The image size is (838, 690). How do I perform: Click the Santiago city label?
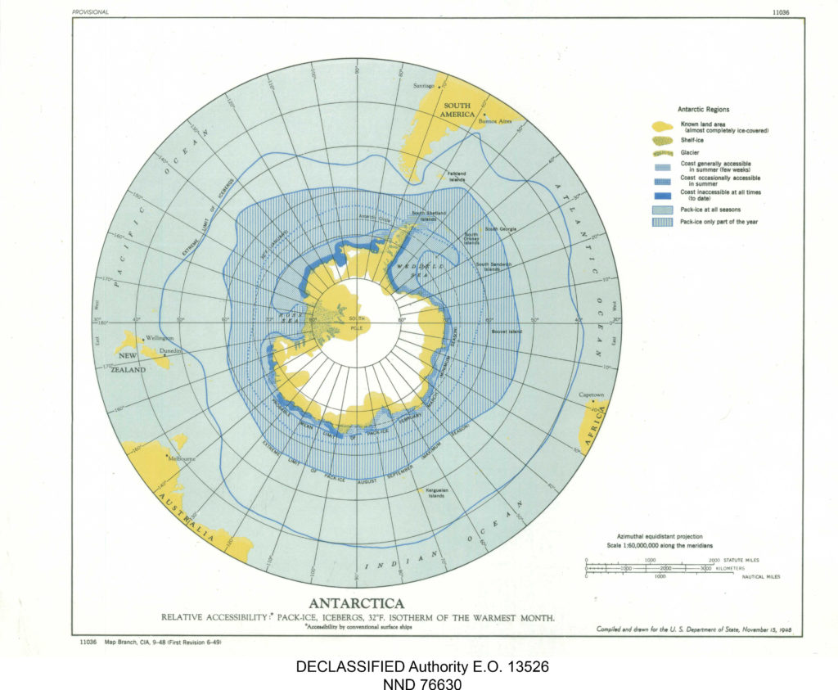tap(424, 85)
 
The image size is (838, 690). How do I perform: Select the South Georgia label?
tap(500, 229)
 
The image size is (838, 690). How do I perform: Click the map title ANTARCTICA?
tap(357, 604)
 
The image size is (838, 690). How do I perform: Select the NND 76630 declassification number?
tap(421, 683)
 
